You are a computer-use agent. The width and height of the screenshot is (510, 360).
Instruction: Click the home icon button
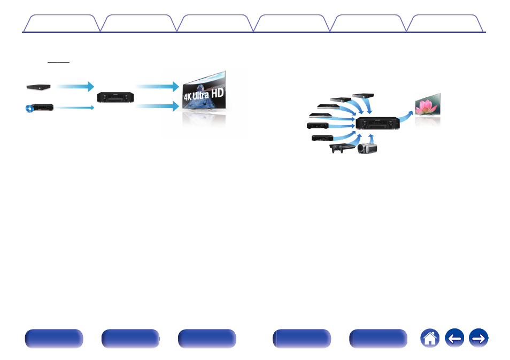click(x=430, y=339)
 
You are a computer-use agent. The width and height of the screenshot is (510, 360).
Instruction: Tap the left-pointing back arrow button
click(x=454, y=339)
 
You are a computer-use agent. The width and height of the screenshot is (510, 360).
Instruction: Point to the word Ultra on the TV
click(x=210, y=96)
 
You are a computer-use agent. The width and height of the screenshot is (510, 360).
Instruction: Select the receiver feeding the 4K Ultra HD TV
click(x=115, y=97)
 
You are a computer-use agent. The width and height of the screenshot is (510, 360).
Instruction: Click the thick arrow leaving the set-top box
click(x=75, y=86)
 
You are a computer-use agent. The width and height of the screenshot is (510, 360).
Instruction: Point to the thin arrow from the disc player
click(x=75, y=108)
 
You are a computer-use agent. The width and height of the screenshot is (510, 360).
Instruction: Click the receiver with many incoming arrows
click(x=378, y=124)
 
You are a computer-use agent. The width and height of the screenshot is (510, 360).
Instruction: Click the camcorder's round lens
click(x=361, y=150)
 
